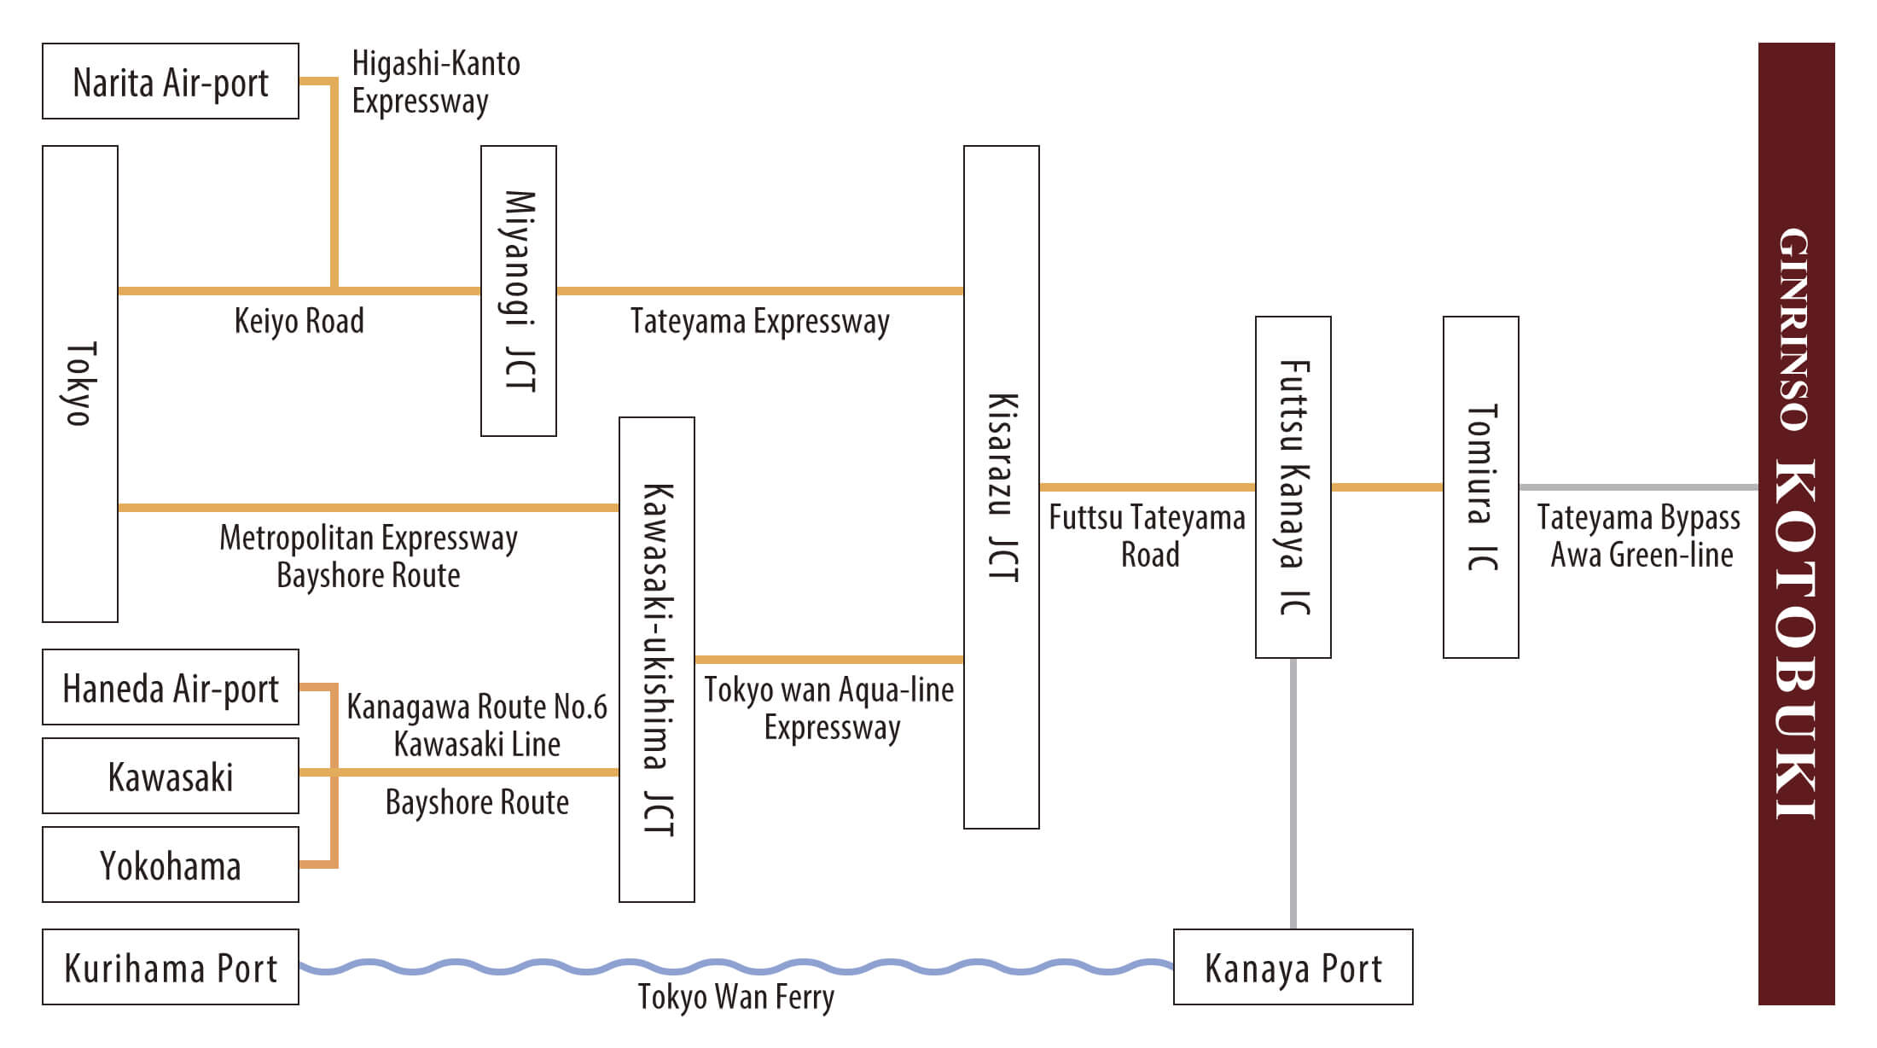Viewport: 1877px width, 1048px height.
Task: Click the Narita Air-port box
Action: pyautogui.click(x=171, y=82)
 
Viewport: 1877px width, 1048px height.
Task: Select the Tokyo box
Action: pyautogui.click(x=80, y=384)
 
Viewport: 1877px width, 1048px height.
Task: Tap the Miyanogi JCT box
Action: pyautogui.click(x=519, y=291)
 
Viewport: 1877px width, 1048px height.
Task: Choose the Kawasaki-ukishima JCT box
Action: pyautogui.click(x=657, y=659)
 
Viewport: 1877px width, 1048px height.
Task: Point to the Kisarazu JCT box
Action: pyautogui.click(x=1002, y=487)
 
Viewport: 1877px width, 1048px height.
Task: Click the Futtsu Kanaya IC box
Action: pyautogui.click(x=1293, y=487)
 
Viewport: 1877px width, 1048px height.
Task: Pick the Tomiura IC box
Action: pyautogui.click(x=1481, y=487)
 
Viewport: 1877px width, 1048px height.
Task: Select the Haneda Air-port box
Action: pyautogui.click(x=171, y=688)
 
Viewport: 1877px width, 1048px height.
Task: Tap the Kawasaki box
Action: pyautogui.click(x=171, y=777)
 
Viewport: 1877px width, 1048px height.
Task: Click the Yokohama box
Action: pyautogui.click(x=171, y=865)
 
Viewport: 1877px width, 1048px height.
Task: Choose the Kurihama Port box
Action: pyautogui.click(x=171, y=968)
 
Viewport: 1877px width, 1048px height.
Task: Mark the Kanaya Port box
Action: pyautogui.click(x=1293, y=968)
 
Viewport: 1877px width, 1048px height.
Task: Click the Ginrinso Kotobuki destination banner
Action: pyautogui.click(x=1797, y=524)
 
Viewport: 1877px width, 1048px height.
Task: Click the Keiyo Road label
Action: pyautogui.click(x=299, y=322)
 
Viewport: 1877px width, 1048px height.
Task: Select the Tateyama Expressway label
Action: pyautogui.click(x=759, y=322)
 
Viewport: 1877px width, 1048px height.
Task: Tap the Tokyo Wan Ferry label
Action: pyautogui.click(x=735, y=997)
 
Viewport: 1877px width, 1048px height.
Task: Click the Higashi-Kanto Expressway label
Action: pyautogui.click(x=435, y=82)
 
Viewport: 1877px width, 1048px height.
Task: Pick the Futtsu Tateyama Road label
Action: pyautogui.click(x=1148, y=536)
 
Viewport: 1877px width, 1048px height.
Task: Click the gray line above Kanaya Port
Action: pyautogui.click(x=1293, y=794)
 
